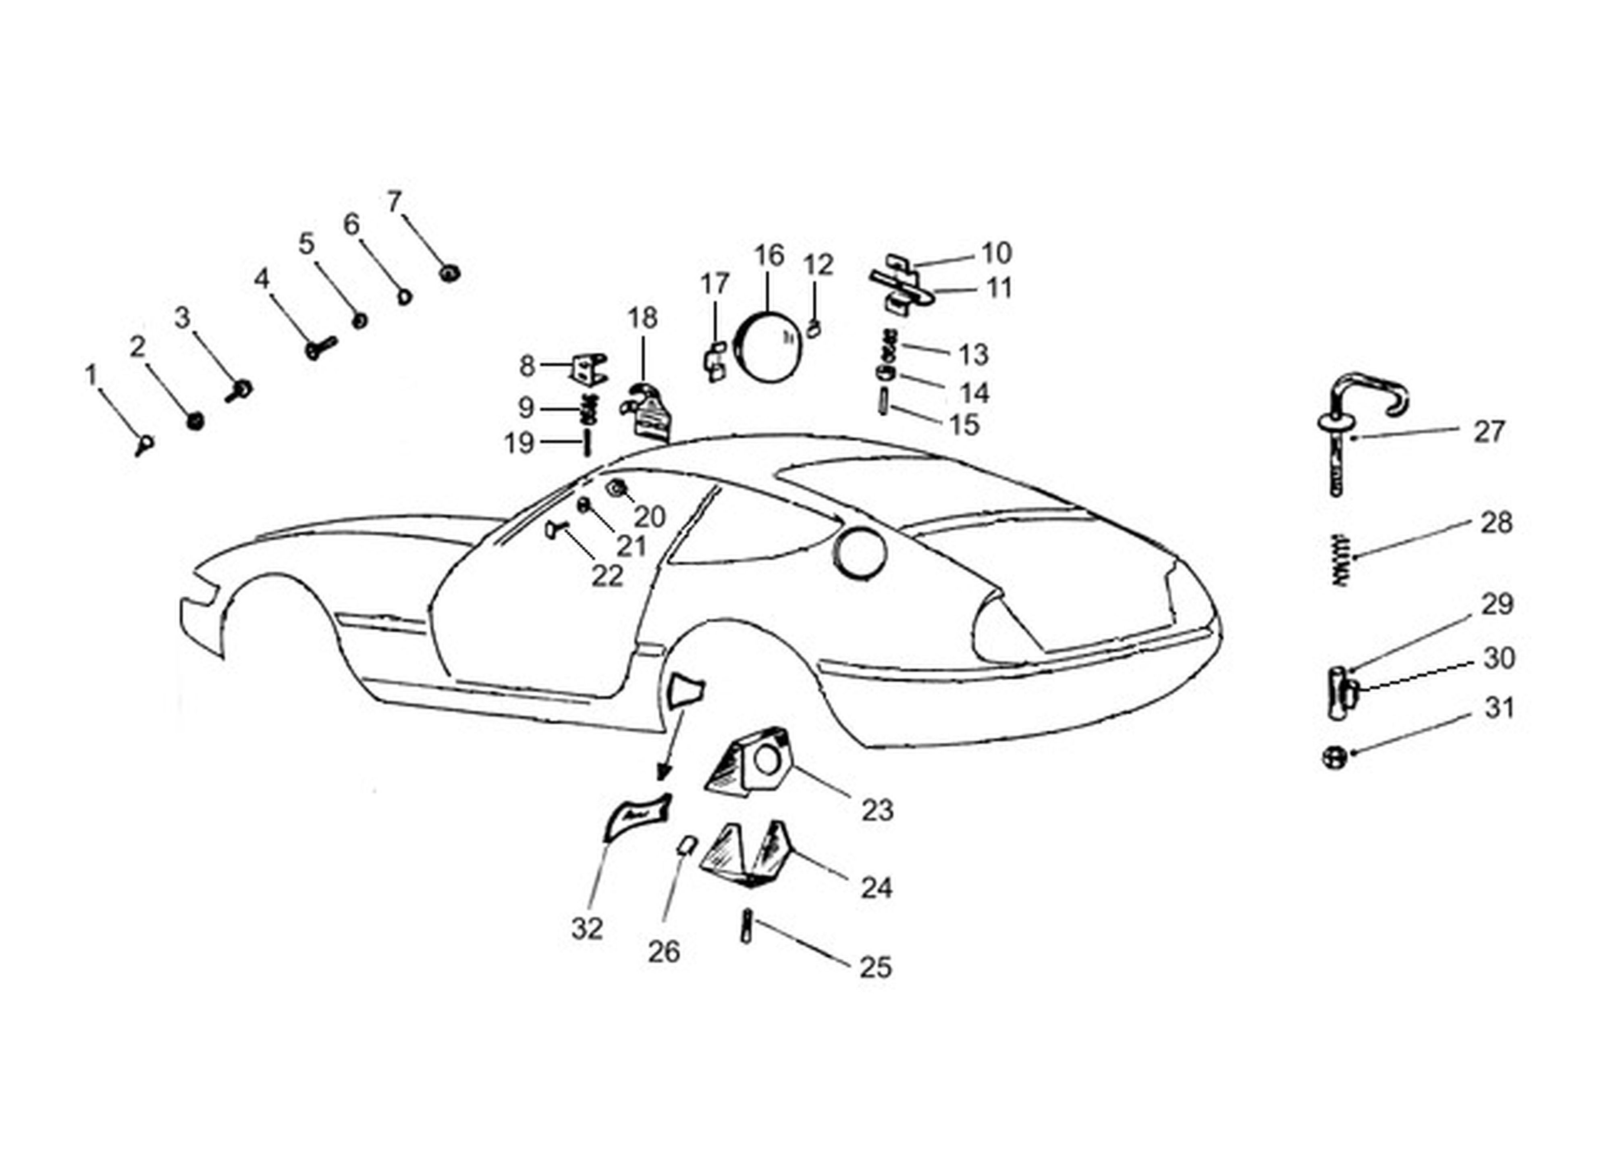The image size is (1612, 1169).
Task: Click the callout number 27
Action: click(1489, 432)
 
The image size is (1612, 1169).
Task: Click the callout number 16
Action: click(769, 256)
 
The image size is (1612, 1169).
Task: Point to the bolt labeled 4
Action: click(320, 348)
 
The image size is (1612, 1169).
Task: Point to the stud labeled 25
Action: click(746, 926)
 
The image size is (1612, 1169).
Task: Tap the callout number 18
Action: click(642, 318)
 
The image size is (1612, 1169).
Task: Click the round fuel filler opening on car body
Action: click(860, 553)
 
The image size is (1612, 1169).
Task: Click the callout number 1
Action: click(91, 375)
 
